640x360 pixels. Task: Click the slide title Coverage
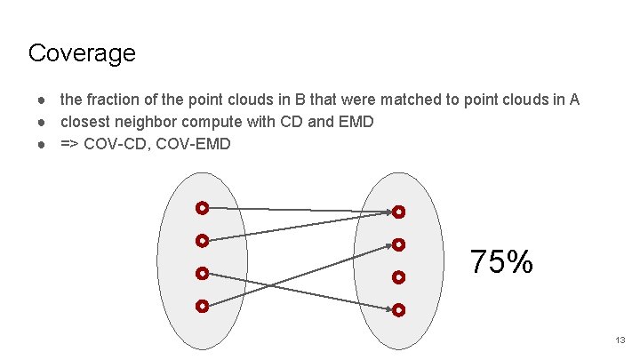82,53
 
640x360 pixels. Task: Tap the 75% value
501,262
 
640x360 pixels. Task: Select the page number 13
620,340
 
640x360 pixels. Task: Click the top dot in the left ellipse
203,209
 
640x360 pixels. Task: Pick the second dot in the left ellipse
203,240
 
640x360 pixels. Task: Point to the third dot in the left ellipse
203,273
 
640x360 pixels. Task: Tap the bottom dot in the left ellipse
203,306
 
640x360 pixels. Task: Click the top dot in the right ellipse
399,212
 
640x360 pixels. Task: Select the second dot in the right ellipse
399,244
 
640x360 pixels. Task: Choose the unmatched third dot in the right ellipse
399,277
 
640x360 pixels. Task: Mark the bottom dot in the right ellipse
399,310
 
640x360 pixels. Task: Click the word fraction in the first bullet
112,100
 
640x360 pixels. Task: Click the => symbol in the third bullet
68,143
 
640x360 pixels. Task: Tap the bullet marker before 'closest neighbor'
41,121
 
